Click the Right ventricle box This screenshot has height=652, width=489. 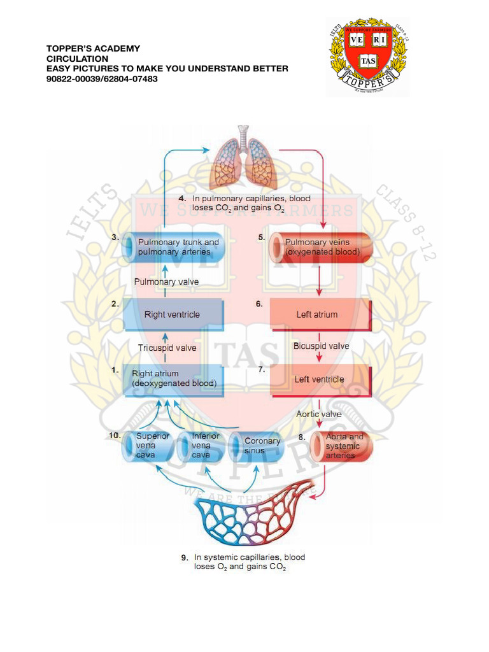173,315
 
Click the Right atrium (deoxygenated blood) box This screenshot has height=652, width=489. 173,379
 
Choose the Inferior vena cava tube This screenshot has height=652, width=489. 200,446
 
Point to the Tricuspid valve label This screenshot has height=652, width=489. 167,348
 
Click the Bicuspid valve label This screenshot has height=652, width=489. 321,346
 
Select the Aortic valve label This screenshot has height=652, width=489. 319,414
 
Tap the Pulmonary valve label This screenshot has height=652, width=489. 166,281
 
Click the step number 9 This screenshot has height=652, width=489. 185,558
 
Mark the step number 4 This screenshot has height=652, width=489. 182,199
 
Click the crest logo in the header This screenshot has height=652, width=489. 368,57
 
